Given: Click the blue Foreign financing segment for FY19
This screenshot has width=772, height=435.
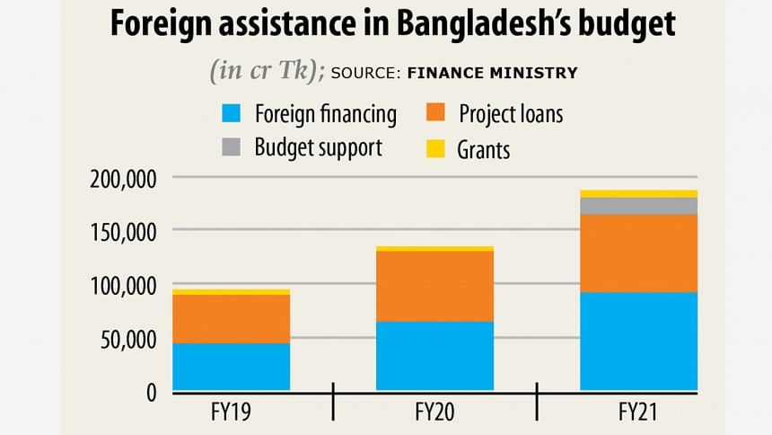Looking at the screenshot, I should (232, 367).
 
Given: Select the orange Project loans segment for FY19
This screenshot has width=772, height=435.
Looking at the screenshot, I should (232, 319).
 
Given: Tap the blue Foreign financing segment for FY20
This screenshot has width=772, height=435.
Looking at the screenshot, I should (434, 356).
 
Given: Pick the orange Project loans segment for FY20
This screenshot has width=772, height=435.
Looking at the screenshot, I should (434, 286).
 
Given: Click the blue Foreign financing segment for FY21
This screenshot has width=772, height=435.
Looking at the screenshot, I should (638, 342).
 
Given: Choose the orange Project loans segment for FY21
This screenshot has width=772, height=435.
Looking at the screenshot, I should (638, 253).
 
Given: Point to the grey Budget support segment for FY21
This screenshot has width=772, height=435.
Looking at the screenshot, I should (638, 206).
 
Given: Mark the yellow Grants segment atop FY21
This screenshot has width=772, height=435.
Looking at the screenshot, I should (638, 194).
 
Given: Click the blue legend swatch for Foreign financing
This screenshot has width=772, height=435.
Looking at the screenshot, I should (232, 114).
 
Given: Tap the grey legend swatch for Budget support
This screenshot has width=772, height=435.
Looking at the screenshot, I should (232, 146).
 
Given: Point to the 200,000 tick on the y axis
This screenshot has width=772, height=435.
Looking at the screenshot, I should (124, 178).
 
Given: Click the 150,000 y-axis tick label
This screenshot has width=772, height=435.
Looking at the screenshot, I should (124, 232).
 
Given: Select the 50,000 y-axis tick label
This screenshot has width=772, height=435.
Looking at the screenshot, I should (129, 340).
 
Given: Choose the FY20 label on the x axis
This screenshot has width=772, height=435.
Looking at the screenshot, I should (434, 413).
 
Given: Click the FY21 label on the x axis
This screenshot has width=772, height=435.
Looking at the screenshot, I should (638, 413).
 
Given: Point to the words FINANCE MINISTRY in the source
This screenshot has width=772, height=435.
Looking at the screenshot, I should (492, 74).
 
